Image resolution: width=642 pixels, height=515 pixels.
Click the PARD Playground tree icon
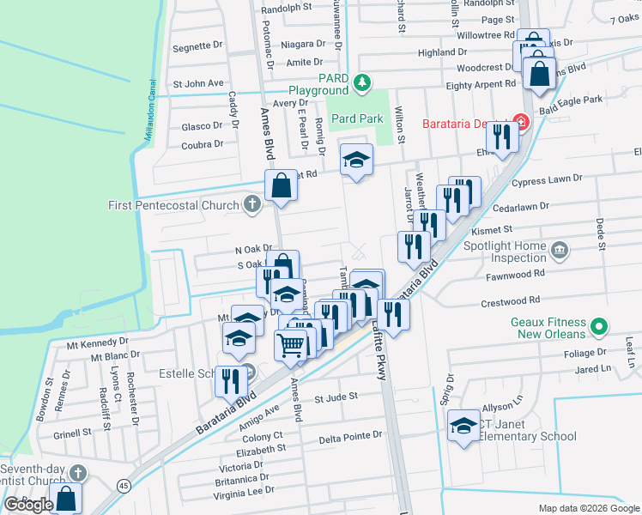coord(362,82)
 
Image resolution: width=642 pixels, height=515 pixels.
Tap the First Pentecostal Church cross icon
coord(251,204)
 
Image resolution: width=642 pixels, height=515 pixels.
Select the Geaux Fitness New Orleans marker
coord(601,326)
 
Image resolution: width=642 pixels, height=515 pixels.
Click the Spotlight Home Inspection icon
coord(560,251)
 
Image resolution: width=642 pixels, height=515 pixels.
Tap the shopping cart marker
coord(292,344)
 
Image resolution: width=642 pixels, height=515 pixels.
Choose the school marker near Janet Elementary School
coord(463,427)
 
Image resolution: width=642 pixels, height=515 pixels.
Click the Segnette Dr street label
coord(197,45)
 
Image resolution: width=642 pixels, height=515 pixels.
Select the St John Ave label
coord(198,83)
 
